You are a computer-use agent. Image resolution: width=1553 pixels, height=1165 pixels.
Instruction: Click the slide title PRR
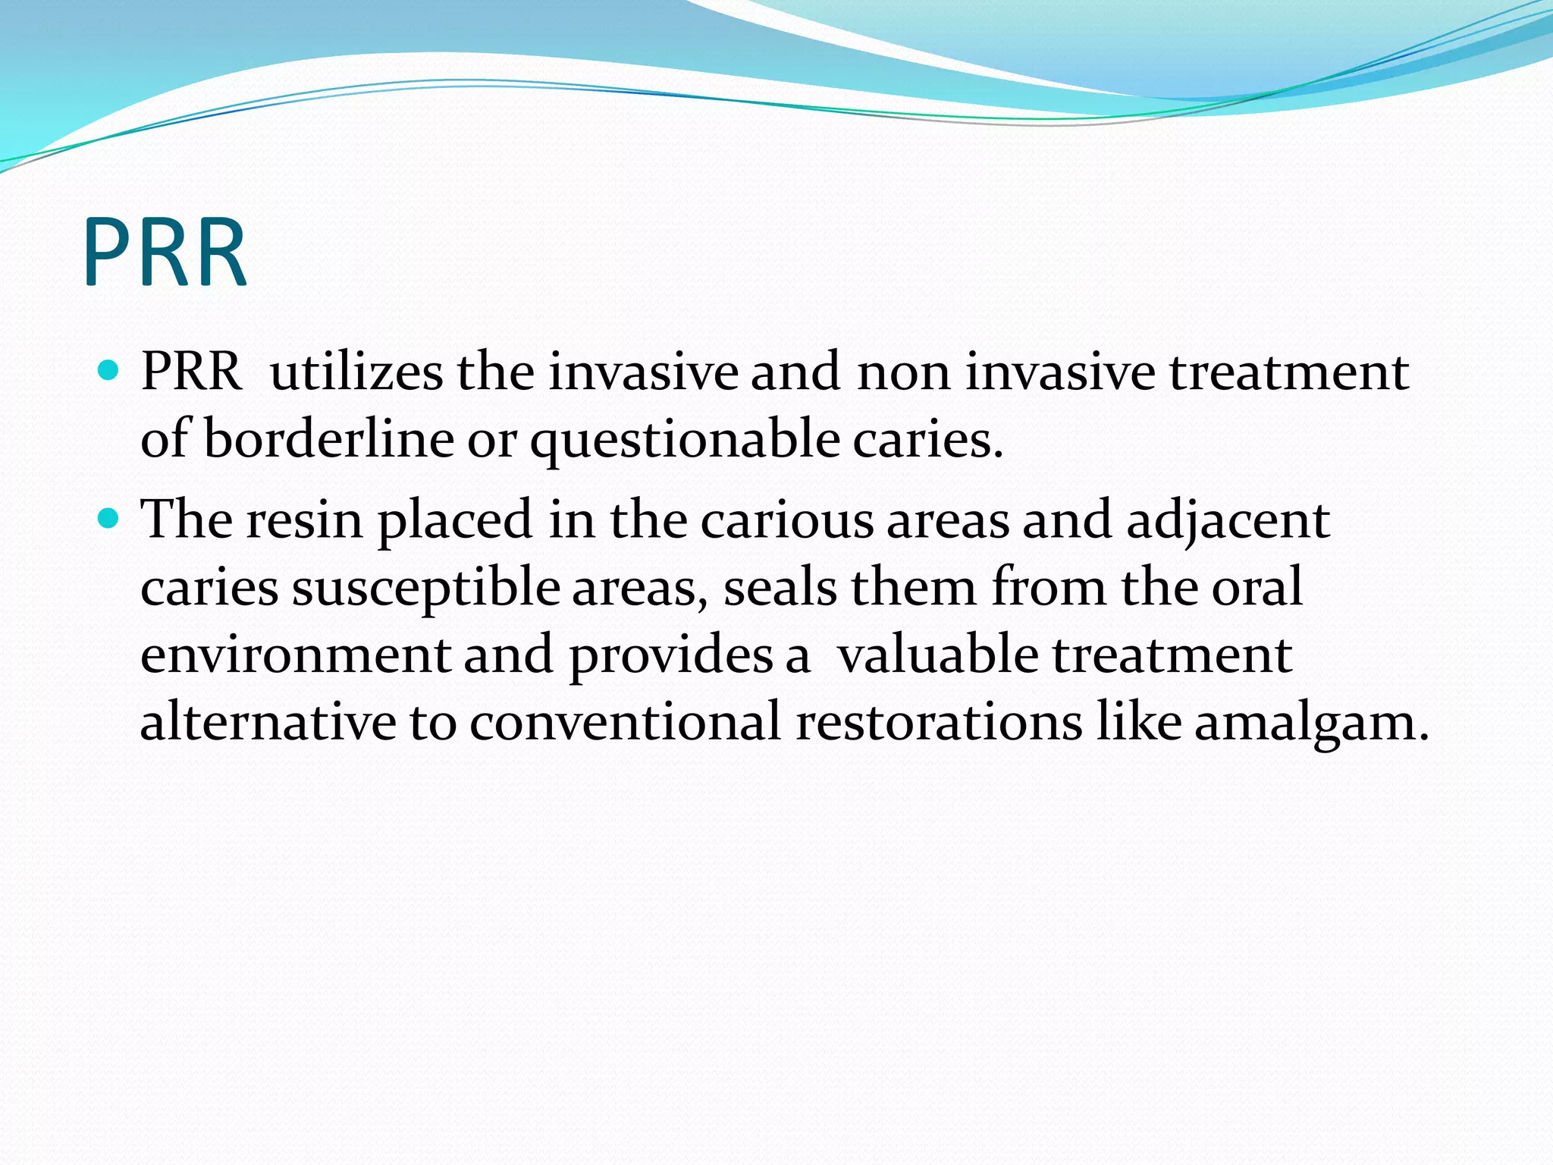point(165,253)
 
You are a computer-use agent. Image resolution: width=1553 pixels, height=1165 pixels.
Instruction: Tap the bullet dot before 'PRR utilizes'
point(109,371)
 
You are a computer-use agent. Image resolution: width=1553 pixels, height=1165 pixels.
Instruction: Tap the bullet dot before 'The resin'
point(109,519)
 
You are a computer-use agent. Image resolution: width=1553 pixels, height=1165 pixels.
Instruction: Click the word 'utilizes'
point(356,372)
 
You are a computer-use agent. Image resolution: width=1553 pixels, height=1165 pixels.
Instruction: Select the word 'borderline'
point(328,439)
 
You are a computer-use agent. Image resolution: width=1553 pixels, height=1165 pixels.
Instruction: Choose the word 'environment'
point(295,655)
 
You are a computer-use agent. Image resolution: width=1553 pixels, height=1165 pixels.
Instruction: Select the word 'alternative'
point(268,721)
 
